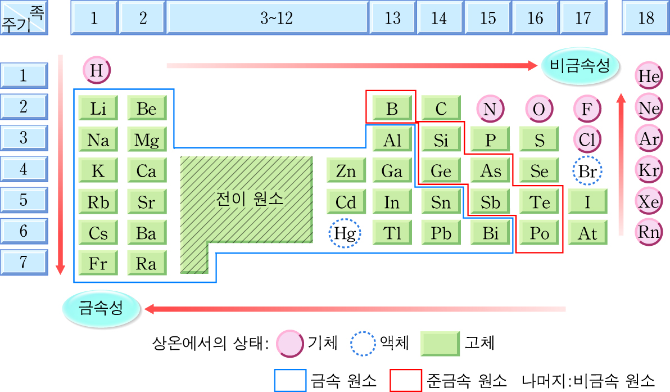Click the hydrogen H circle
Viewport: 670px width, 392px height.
[x=97, y=71]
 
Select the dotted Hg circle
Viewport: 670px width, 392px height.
[x=345, y=233]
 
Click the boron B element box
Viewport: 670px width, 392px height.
[x=391, y=108]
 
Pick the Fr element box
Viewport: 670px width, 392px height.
[x=98, y=264]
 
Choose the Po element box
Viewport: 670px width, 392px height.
[x=539, y=233]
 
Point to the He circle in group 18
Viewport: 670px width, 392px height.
[x=649, y=77]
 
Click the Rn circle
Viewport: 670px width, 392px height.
[x=649, y=232]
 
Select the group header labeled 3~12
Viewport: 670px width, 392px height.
[x=268, y=18]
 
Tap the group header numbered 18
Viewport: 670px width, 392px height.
[x=646, y=18]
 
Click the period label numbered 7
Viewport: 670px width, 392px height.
[x=24, y=262]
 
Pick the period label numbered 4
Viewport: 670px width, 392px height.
[x=24, y=169]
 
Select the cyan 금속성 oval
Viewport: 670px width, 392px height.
[x=101, y=309]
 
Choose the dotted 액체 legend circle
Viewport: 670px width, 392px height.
[x=363, y=343]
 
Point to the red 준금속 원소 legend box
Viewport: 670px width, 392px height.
[x=405, y=380]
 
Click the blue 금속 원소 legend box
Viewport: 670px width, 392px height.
[x=290, y=380]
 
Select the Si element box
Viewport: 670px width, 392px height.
[x=440, y=139]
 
